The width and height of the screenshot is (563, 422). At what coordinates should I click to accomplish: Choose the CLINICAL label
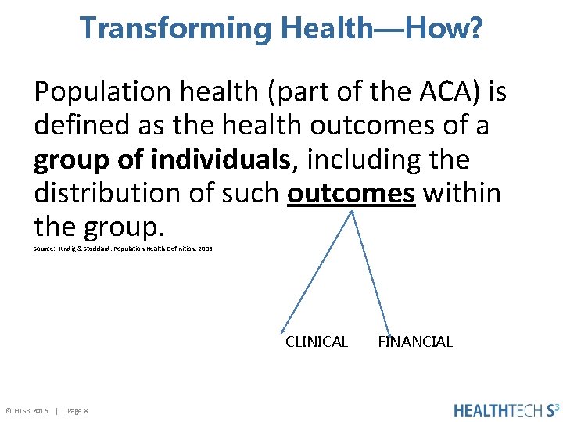coord(317,342)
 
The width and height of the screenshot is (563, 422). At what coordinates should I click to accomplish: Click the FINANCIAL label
coord(415,342)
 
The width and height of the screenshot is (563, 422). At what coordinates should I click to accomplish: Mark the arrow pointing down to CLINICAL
coord(317,274)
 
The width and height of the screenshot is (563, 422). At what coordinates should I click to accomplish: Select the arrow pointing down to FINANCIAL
coord(370,274)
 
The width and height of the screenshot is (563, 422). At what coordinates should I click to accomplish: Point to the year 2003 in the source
coord(205,249)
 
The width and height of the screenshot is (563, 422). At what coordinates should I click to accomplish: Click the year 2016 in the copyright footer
coord(41,410)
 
